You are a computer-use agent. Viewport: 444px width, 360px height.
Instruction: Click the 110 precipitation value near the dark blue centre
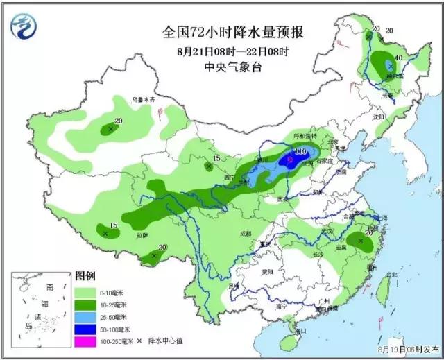click(300, 151)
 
